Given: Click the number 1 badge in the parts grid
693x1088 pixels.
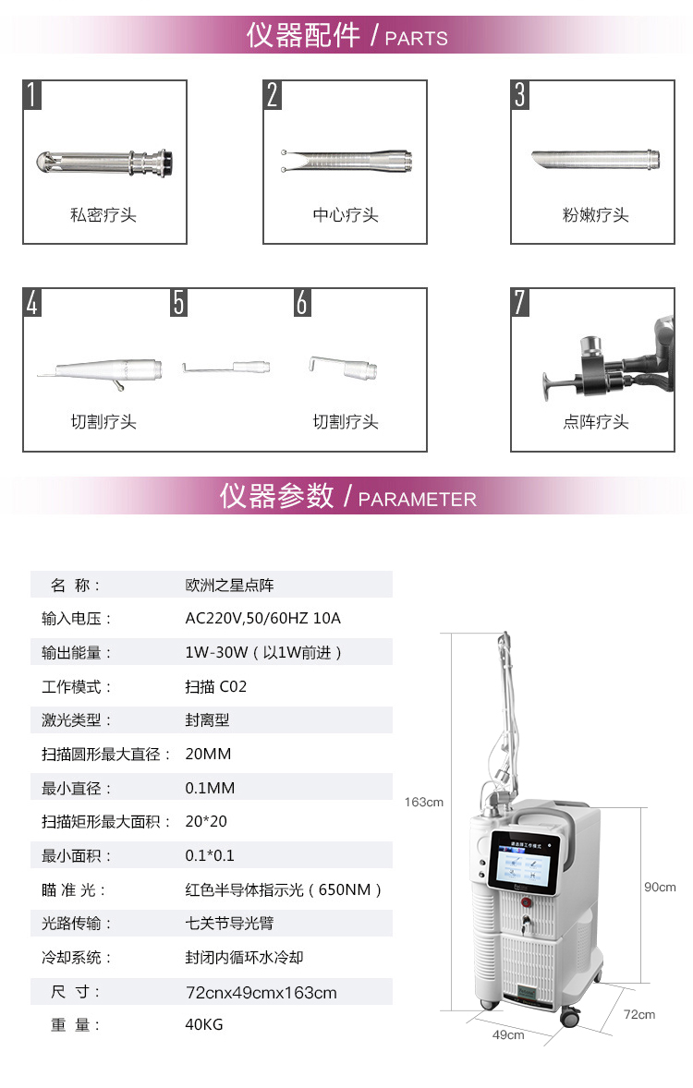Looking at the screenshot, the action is pos(32,95).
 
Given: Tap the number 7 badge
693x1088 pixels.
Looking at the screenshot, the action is pos(520,303).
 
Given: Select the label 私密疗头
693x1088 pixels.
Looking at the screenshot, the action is pos(103,215).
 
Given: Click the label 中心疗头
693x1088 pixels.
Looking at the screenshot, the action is pos(345,215).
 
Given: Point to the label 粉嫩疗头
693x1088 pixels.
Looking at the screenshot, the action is pos(595,215).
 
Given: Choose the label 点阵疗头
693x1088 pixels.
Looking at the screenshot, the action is pos(595,422).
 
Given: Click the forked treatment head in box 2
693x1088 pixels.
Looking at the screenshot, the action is pos(346,161).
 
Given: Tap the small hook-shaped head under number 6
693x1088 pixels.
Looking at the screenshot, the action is pos(343,367).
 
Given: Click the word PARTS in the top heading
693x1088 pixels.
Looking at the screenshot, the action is pos(417,39).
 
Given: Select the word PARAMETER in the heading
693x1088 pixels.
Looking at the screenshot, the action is pos(418,500).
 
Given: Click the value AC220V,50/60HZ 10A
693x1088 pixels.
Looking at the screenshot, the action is pos(263,618).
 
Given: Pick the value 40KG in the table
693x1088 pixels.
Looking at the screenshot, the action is pos(204,1025).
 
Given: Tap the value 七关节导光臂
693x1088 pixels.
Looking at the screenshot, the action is pos(229,924).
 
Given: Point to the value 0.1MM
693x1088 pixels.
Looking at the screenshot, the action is pos(210,788).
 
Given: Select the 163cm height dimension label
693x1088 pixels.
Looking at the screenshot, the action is pos(423,802).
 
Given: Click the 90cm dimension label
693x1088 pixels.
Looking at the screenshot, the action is pos(660,887).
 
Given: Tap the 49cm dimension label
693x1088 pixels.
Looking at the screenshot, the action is pos(508,1034).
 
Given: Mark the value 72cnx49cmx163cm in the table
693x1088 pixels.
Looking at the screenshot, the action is pos(261,992).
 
